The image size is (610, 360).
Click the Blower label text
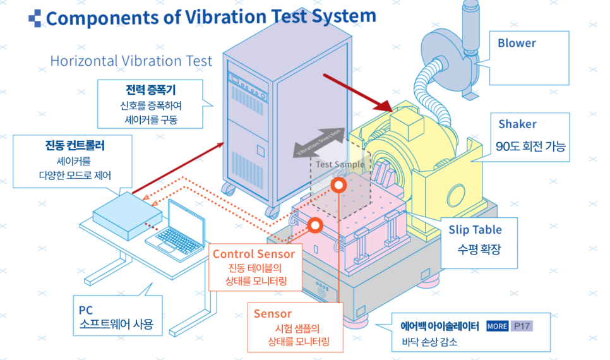(x=517, y=44)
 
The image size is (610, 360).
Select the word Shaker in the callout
(x=517, y=124)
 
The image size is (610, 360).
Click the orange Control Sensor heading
(x=253, y=254)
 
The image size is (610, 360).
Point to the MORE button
(x=497, y=327)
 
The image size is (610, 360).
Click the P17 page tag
(x=522, y=327)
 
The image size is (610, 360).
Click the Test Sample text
(x=340, y=164)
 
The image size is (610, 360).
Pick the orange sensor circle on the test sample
(x=339, y=186)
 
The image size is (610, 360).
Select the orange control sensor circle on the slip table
(x=314, y=224)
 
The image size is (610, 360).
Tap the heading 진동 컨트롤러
(x=75, y=146)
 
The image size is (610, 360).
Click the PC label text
(x=86, y=311)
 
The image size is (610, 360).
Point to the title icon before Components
(x=35, y=18)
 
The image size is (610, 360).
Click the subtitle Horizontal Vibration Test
(x=131, y=61)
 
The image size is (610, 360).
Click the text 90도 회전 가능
(x=530, y=147)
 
